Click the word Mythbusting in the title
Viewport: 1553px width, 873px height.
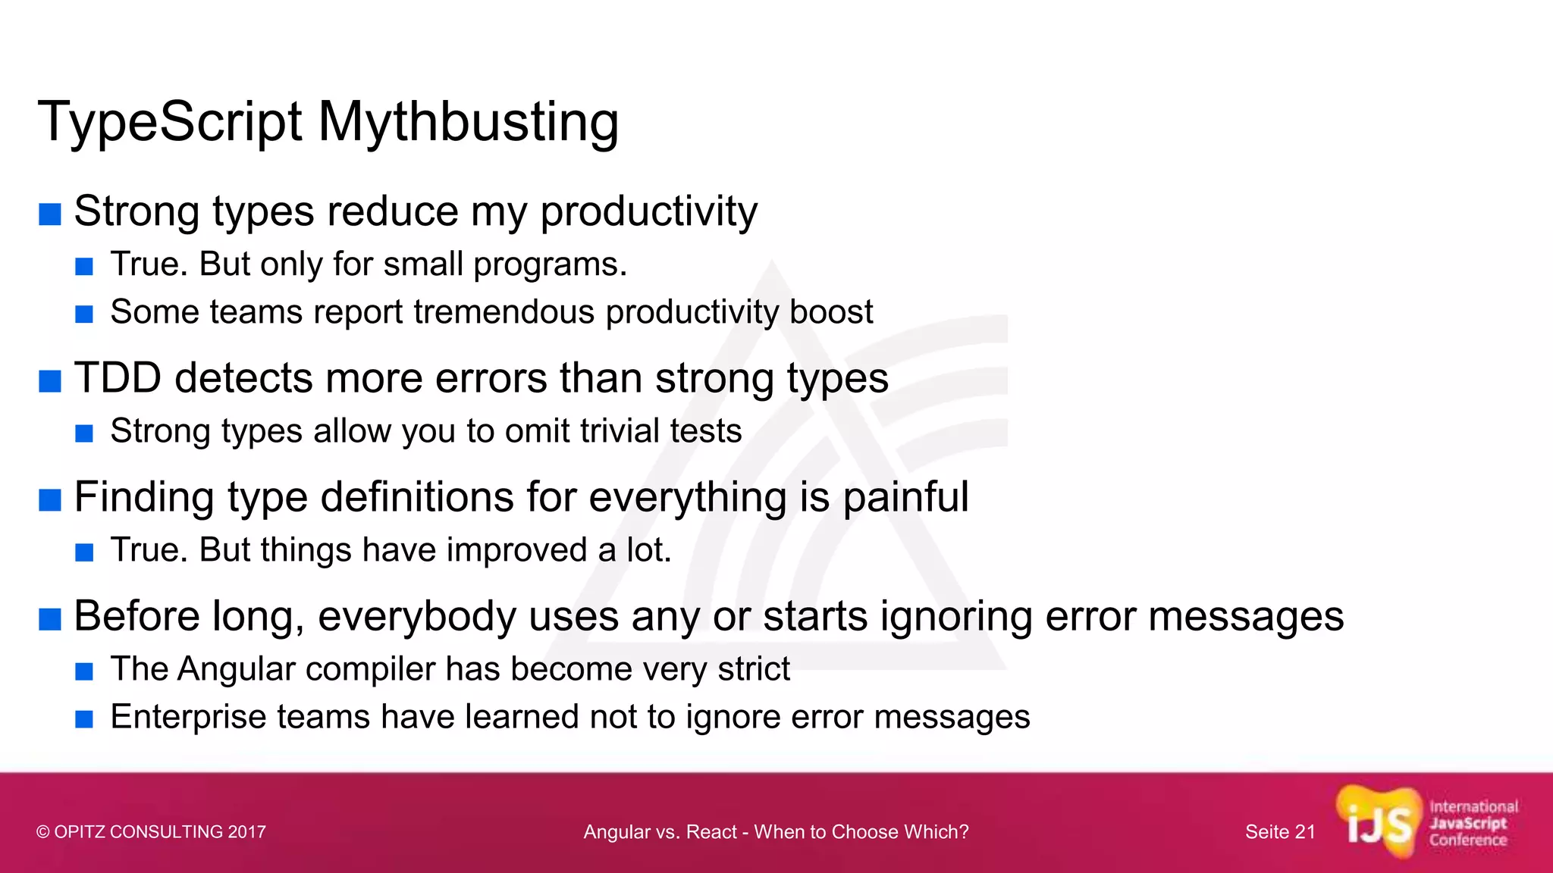468,123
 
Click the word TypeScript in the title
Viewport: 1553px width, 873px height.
170,123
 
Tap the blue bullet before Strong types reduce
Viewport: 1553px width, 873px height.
50,214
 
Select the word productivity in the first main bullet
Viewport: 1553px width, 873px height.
648,211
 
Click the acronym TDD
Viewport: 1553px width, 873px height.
118,378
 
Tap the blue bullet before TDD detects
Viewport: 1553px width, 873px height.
50,381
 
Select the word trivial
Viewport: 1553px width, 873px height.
609,431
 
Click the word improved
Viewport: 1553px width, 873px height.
516,550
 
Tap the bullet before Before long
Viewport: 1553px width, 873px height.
50,619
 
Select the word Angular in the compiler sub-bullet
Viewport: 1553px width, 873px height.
235,669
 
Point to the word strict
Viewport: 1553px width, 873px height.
754,669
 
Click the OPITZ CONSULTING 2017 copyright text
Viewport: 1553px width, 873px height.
151,832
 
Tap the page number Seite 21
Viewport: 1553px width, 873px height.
1280,832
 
